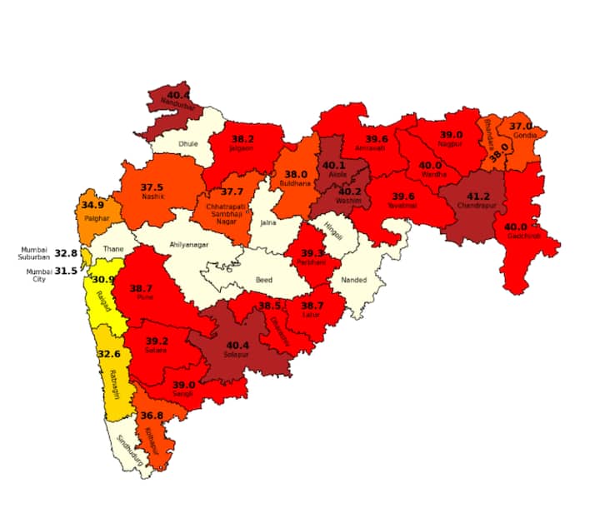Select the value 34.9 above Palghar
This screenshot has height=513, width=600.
coord(92,205)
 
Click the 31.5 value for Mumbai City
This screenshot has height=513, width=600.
coord(66,271)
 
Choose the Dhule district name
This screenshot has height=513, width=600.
coord(187,144)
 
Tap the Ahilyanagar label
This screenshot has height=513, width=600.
coord(189,245)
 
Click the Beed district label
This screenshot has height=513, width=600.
coord(264,281)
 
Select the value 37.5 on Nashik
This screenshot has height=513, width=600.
coord(152,187)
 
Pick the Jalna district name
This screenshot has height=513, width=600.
coord(268,223)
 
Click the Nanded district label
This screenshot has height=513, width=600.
coord(354,281)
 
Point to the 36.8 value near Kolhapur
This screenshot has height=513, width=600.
coord(152,416)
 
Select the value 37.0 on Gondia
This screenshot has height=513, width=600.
coord(521,126)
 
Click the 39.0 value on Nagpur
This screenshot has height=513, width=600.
coord(451,134)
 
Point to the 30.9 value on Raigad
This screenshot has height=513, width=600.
coord(103,280)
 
